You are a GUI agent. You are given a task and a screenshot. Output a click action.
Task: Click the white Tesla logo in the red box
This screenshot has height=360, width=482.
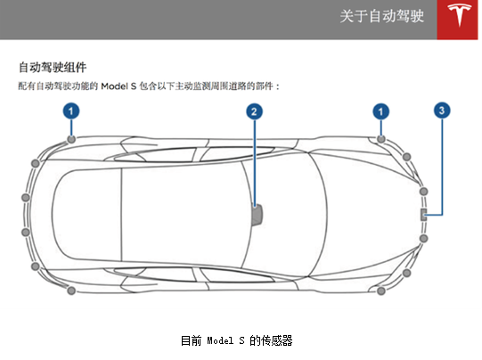(x=459, y=15)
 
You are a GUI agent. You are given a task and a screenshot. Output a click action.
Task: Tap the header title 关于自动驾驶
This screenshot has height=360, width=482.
(x=382, y=16)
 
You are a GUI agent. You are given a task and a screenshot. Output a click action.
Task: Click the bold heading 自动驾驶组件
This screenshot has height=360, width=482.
(x=53, y=68)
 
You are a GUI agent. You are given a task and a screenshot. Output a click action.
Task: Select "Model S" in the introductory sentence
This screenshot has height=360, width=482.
(x=118, y=86)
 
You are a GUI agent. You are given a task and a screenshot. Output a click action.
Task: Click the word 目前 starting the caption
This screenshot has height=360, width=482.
(x=191, y=340)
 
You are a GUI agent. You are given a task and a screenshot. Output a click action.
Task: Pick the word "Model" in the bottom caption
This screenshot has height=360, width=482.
(x=220, y=340)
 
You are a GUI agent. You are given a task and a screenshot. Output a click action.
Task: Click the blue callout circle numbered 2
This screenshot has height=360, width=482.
(x=254, y=111)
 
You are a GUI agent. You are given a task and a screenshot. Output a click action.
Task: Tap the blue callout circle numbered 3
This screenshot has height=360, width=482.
(x=442, y=110)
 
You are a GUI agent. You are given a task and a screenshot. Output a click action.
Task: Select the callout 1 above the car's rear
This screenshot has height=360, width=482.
(x=71, y=111)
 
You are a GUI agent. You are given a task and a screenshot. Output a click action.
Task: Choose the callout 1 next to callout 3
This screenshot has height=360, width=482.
(x=381, y=111)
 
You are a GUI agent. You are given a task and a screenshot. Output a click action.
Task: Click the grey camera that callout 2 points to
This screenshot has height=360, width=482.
(x=257, y=215)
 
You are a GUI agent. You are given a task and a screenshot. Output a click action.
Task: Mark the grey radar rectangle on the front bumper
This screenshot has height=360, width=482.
(x=423, y=214)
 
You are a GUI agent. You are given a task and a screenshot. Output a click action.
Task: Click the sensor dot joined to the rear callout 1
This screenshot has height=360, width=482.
(x=71, y=139)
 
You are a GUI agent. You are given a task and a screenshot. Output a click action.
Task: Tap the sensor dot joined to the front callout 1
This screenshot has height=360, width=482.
(x=381, y=139)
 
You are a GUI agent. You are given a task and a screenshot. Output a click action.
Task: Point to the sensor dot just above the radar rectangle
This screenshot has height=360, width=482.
(x=423, y=192)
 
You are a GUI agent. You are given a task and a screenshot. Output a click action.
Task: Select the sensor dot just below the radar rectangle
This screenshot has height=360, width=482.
(x=423, y=238)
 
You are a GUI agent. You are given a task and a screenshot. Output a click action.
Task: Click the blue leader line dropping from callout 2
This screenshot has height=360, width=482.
(x=255, y=163)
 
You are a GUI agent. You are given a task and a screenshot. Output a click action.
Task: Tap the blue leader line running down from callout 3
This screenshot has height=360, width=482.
(x=442, y=167)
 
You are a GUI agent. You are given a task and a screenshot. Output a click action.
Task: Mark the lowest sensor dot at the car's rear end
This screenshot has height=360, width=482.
(x=71, y=290)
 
